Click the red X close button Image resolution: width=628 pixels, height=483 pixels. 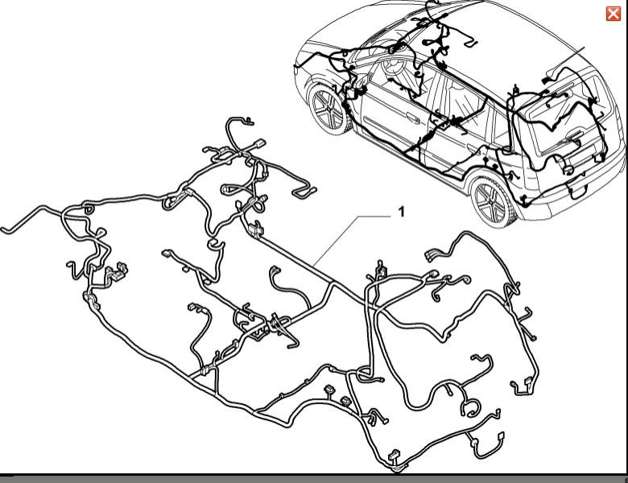tap(614, 14)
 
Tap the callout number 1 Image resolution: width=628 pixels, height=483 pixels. tap(401, 212)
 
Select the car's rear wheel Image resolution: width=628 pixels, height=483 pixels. tap(493, 201)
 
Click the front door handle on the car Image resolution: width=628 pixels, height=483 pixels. tap(411, 118)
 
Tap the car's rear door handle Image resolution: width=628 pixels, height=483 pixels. tap(473, 151)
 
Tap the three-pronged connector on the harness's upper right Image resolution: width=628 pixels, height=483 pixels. tap(433, 255)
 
